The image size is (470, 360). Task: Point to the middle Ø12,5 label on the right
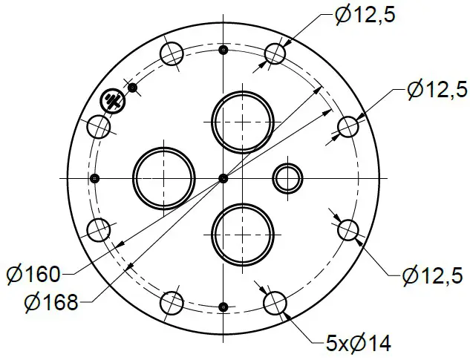click(x=438, y=91)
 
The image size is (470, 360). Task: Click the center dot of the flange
click(x=223, y=177)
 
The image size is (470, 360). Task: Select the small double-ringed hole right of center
click(x=287, y=177)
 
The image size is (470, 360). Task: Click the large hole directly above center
click(x=241, y=120)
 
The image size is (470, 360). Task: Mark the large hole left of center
click(x=163, y=177)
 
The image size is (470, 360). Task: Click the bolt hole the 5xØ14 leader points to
click(x=275, y=302)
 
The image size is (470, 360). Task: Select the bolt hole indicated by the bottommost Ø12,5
click(x=347, y=229)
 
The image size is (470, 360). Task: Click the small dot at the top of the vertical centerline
click(x=223, y=50)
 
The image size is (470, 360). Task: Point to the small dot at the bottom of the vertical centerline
click(x=223, y=306)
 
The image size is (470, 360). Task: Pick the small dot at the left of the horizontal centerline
click(x=94, y=178)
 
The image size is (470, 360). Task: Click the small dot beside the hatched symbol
click(x=132, y=88)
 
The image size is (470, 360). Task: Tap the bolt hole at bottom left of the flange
click(x=172, y=302)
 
